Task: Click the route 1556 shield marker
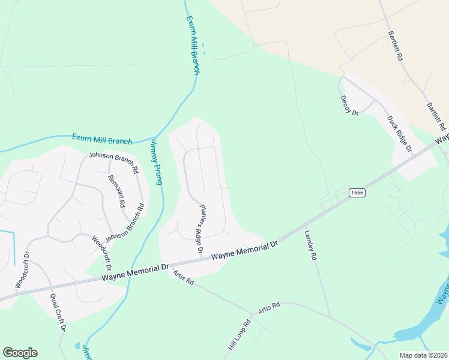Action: (x=357, y=193)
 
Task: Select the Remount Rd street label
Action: (x=116, y=190)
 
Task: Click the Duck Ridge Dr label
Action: (x=400, y=133)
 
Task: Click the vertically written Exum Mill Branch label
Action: (x=191, y=45)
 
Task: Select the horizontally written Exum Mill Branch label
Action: (x=101, y=139)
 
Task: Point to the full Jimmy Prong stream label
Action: (x=155, y=161)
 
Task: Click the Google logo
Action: (x=20, y=353)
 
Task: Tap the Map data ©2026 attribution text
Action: (x=423, y=355)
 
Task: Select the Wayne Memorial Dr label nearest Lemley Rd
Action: (x=246, y=252)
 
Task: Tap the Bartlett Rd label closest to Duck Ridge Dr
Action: (x=436, y=116)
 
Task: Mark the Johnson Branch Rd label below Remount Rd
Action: (x=125, y=223)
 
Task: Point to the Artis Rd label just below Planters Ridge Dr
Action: (x=183, y=277)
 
